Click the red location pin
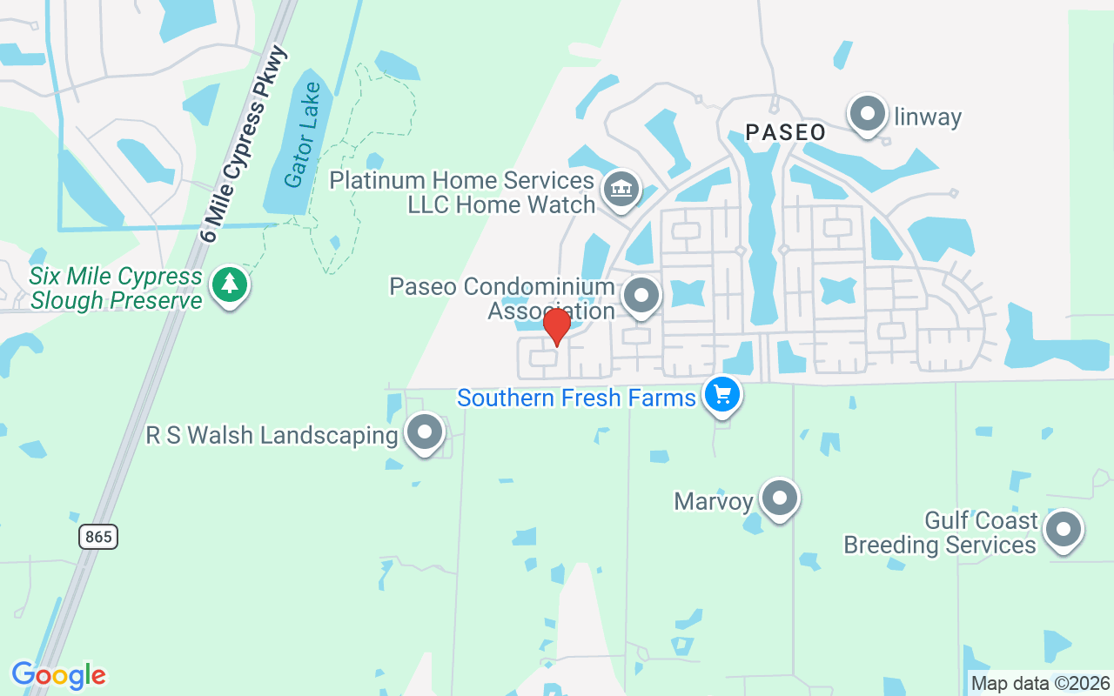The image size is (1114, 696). coord(556,326)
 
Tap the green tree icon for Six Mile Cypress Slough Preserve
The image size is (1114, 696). coord(229,284)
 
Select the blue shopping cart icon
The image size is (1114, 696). coord(721,395)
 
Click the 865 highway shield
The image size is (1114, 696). coord(98,537)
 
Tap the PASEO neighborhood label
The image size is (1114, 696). coord(785,132)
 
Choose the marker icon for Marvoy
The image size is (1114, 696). coord(779,499)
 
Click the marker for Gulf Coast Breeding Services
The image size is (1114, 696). coord(1063,530)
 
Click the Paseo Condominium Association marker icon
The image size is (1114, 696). coord(642,296)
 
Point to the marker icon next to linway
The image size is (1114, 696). coord(867,114)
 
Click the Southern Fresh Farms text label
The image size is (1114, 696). coord(576,398)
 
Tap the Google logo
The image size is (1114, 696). coord(58,675)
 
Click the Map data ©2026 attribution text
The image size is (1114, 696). coord(1041,684)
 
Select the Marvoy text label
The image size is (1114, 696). coord(713,501)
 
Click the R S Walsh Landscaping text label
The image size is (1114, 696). coord(272,435)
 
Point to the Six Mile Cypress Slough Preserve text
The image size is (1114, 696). coord(116,289)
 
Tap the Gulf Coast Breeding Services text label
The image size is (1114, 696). coord(940,532)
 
